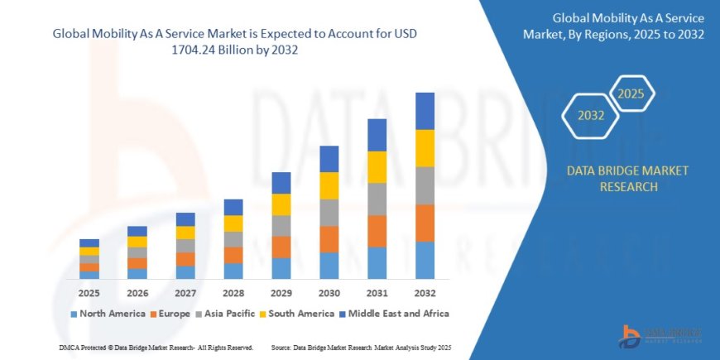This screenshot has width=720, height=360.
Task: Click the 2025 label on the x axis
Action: tap(89, 293)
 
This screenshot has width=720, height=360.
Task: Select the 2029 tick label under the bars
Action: tap(281, 293)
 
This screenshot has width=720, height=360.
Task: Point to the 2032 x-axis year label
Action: tap(425, 293)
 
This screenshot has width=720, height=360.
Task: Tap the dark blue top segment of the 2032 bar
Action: tap(425, 111)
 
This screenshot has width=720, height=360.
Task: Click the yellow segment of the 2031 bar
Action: tap(377, 167)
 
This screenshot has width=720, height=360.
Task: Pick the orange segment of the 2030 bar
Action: tap(329, 239)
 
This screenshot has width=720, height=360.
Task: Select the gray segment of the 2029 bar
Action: tap(281, 226)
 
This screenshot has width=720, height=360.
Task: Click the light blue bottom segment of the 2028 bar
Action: tap(233, 271)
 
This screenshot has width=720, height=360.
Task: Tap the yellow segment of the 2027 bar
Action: tap(185, 233)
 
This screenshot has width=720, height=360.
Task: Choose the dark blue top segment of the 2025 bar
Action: tap(89, 243)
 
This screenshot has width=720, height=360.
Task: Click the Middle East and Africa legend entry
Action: tap(393, 314)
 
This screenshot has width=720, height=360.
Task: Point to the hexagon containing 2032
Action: tap(590, 115)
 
